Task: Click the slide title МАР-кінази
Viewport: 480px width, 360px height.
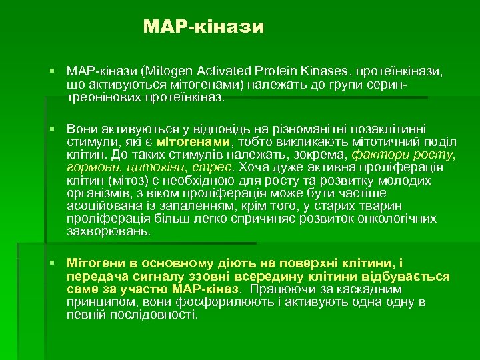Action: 204,27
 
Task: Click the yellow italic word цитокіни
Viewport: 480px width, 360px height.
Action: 153,167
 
